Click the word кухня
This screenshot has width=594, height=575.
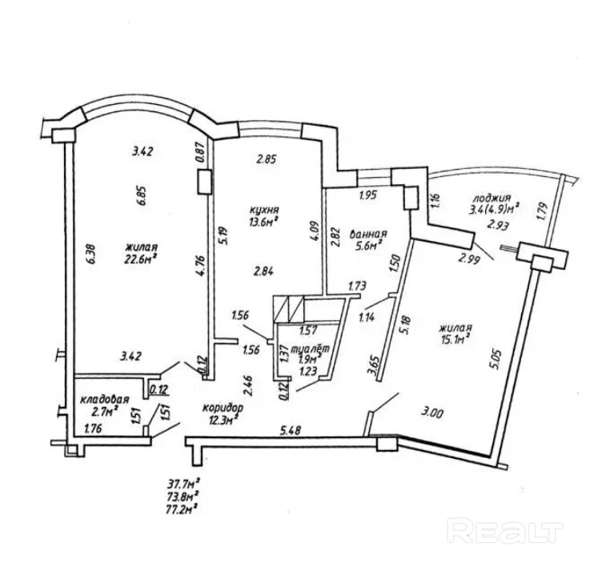click(264, 210)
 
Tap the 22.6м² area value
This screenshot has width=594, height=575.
click(141, 259)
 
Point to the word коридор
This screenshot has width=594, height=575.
click(223, 408)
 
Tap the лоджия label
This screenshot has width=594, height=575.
click(492, 199)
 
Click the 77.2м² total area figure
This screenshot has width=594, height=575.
click(183, 508)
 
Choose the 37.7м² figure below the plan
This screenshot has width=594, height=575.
click(183, 484)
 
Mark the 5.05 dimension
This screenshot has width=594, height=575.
click(497, 362)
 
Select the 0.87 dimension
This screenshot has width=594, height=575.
click(201, 151)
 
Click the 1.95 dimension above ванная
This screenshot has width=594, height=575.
click(368, 196)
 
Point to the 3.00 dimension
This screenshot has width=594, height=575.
click(433, 413)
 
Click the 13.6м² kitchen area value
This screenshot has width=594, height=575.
click(264, 221)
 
